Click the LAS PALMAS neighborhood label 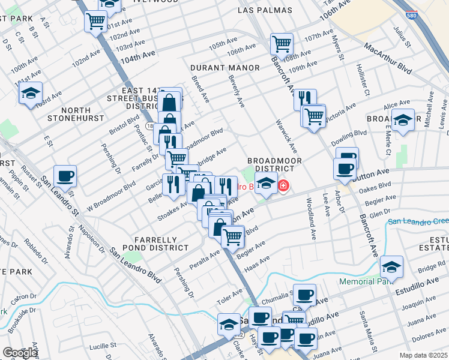coord(265,10)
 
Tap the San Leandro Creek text coord(418,222)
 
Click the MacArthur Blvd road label coord(388,59)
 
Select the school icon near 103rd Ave coord(30,93)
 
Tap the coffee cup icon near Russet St coord(65,176)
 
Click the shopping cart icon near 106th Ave coord(281,43)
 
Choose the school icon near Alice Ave coord(402,119)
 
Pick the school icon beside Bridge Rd coord(391,266)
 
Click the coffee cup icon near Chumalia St coord(305,295)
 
